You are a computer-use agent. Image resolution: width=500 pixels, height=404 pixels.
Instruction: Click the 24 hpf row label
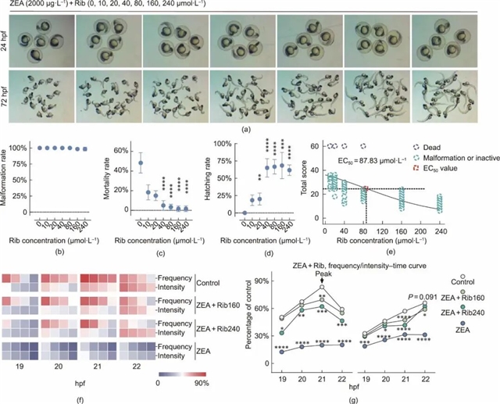(x=5, y=43)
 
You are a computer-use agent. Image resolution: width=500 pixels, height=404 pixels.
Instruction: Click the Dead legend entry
(x=434, y=145)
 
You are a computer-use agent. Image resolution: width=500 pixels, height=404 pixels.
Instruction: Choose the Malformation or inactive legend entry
(x=457, y=158)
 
